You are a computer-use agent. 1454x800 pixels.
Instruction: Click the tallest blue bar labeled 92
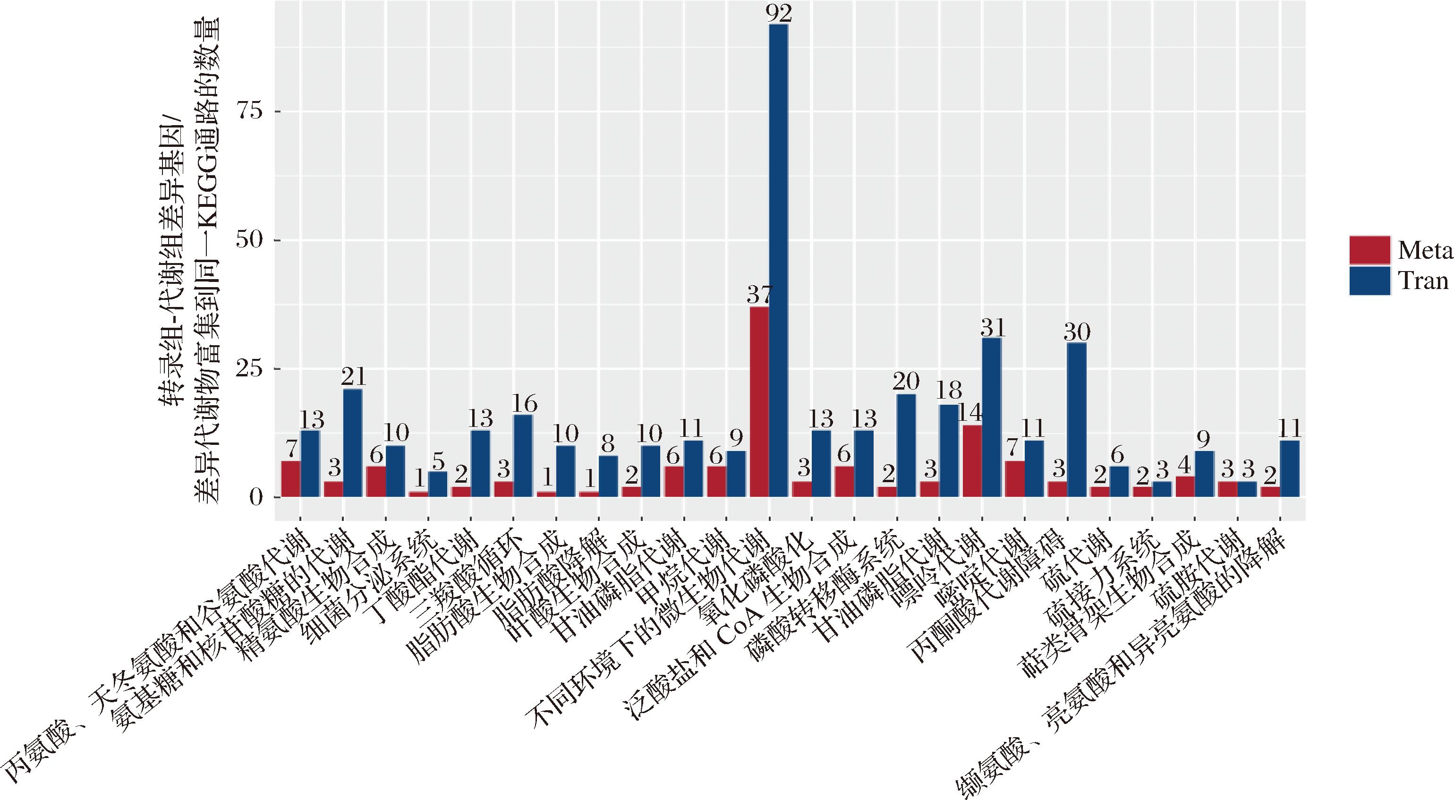click(778, 260)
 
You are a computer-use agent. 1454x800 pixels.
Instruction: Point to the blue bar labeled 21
click(352, 443)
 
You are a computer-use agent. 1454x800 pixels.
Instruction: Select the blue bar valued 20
click(906, 445)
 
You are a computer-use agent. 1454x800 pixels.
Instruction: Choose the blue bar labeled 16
click(523, 456)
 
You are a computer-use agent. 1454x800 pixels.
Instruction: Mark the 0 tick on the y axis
click(256, 497)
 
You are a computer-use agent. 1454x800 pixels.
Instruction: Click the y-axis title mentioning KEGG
click(206, 260)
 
